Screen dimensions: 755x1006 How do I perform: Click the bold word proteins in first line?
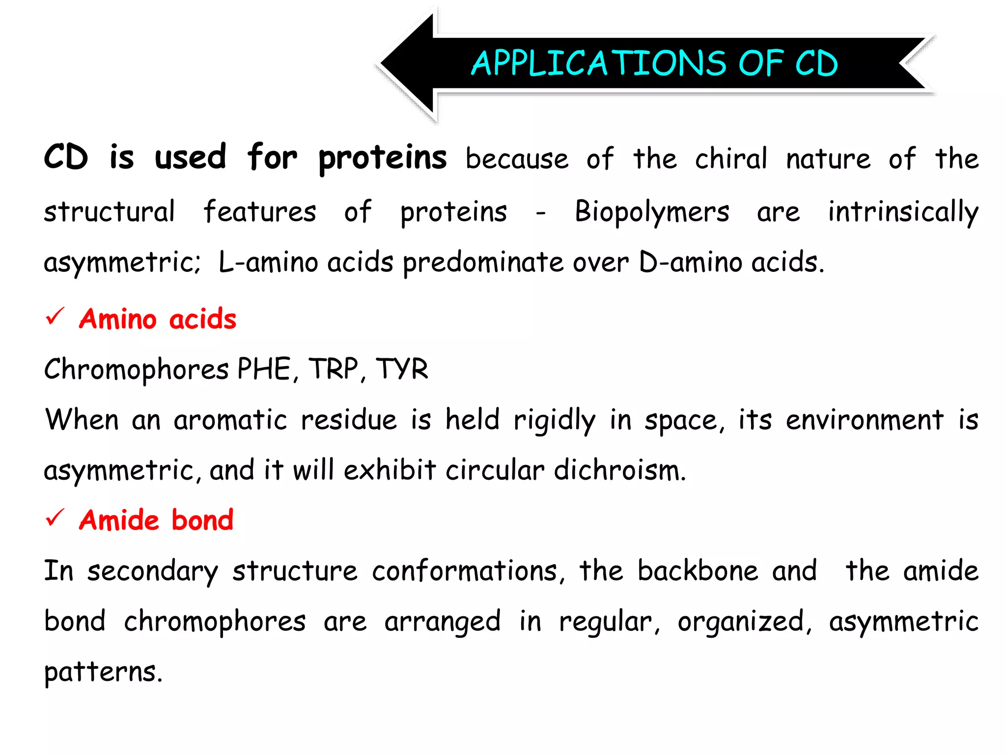coord(382,159)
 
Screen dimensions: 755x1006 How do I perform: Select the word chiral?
coord(730,159)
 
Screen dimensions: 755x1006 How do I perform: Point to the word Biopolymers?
coord(652,212)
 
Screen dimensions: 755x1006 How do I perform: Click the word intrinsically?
coord(903,212)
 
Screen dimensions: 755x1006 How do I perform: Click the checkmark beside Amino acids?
coord(55,317)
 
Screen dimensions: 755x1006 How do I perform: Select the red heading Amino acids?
coord(158,319)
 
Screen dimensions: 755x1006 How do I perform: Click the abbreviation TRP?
coord(334,369)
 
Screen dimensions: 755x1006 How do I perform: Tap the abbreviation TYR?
coord(402,369)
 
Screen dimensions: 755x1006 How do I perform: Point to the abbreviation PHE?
coord(265,369)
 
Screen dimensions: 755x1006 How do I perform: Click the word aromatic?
coord(230,421)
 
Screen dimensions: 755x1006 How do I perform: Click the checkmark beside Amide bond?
coord(55,518)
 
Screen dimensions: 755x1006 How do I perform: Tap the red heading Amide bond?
coord(156,520)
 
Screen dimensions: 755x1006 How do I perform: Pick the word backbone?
coord(698,571)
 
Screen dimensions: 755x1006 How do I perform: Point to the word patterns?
coord(102,672)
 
